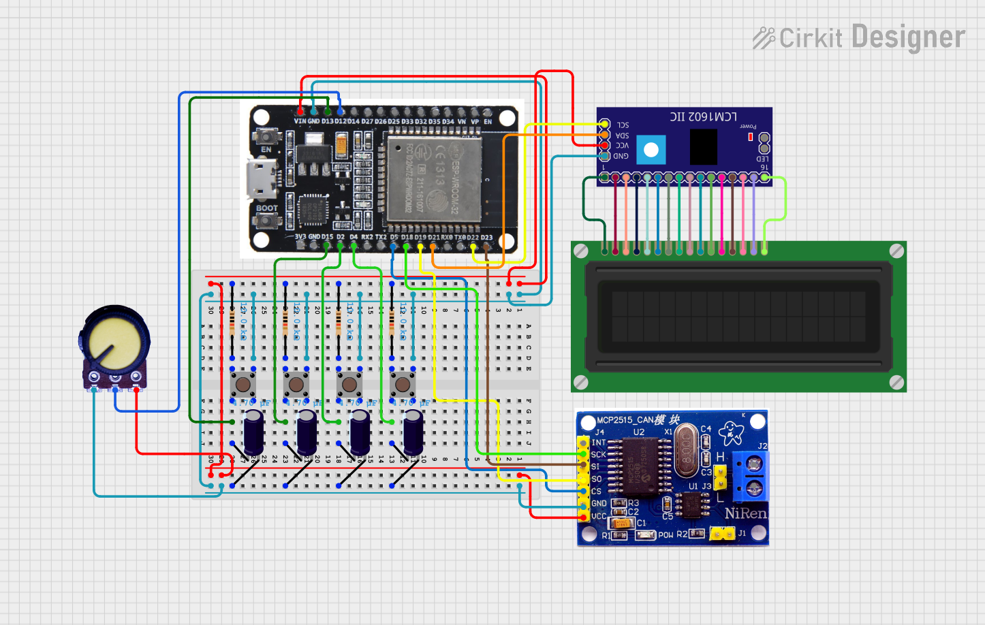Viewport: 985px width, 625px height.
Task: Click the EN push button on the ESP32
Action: point(265,137)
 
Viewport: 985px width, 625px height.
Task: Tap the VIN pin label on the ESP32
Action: point(300,121)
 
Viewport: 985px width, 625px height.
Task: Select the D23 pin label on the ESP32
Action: point(486,238)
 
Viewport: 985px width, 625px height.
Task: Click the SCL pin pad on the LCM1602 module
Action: point(604,124)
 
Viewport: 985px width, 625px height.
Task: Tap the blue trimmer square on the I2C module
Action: point(651,150)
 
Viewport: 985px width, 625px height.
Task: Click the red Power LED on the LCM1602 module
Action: point(750,137)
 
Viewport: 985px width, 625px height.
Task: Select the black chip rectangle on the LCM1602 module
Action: point(703,146)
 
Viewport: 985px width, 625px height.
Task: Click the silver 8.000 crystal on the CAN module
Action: point(687,450)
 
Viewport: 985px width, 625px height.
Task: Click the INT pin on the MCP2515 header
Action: point(583,443)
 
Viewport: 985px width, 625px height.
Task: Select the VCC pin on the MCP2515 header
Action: point(583,517)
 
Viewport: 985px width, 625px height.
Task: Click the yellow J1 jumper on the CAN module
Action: point(722,534)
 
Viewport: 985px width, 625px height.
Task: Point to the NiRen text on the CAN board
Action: point(745,513)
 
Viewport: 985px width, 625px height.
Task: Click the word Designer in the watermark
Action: point(908,37)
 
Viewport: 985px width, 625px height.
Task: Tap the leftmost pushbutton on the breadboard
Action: point(243,385)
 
